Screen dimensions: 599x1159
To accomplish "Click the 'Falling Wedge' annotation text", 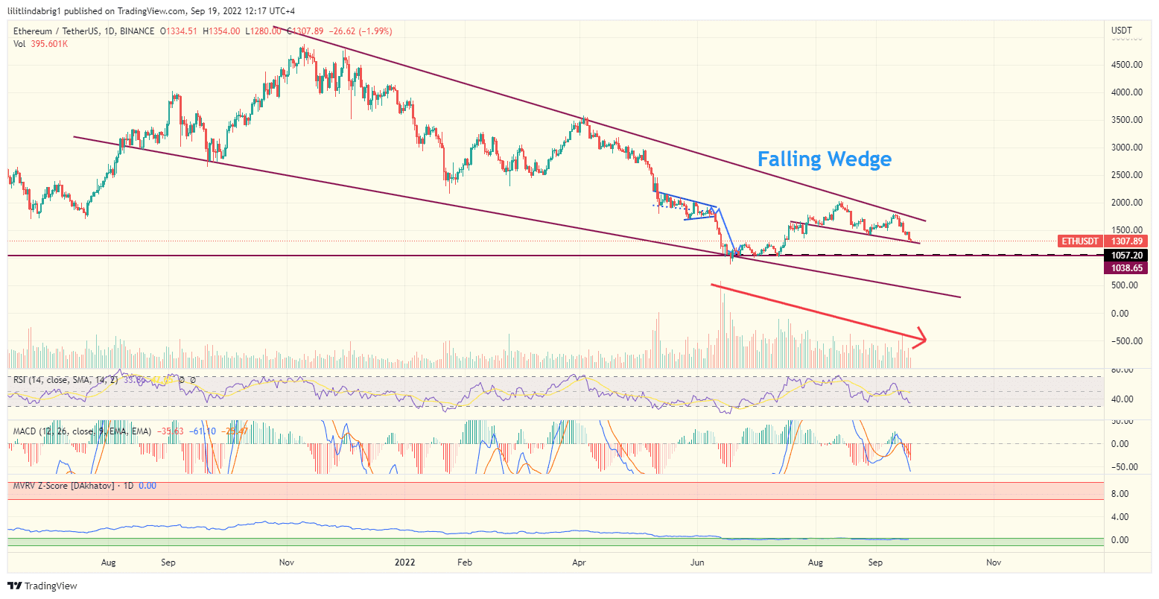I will (824, 159).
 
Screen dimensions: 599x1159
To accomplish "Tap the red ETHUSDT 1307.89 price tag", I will (1102, 241).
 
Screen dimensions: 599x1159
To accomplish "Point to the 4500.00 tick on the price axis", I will (1126, 65).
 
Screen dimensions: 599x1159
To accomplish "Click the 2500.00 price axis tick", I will (1126, 175).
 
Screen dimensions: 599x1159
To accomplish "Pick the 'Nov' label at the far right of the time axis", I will (993, 562).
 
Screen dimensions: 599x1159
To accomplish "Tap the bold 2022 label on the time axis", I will (405, 562).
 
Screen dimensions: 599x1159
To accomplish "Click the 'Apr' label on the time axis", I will (580, 562).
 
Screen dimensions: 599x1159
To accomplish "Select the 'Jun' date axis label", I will (697, 562).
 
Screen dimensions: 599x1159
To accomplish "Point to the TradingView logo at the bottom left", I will (42, 586).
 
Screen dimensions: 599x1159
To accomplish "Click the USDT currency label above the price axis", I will (1121, 31).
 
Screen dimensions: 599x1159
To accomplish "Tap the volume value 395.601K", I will (49, 44).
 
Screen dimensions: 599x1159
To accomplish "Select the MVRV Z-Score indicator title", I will (63, 486).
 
